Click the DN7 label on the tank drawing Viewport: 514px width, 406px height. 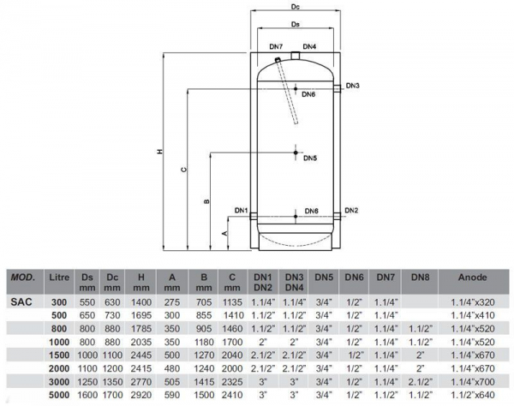point(276,47)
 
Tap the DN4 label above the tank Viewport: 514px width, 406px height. point(309,47)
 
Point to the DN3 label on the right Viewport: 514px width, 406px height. point(353,86)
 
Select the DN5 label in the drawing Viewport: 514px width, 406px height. point(310,158)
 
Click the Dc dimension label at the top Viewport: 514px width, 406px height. point(296,7)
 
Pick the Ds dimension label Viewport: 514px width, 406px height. point(296,24)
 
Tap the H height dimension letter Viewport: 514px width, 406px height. point(159,152)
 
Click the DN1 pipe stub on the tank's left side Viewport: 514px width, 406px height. point(254,217)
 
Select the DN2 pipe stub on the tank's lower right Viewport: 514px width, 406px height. point(338,216)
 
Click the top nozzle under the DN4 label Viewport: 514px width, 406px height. point(296,56)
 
